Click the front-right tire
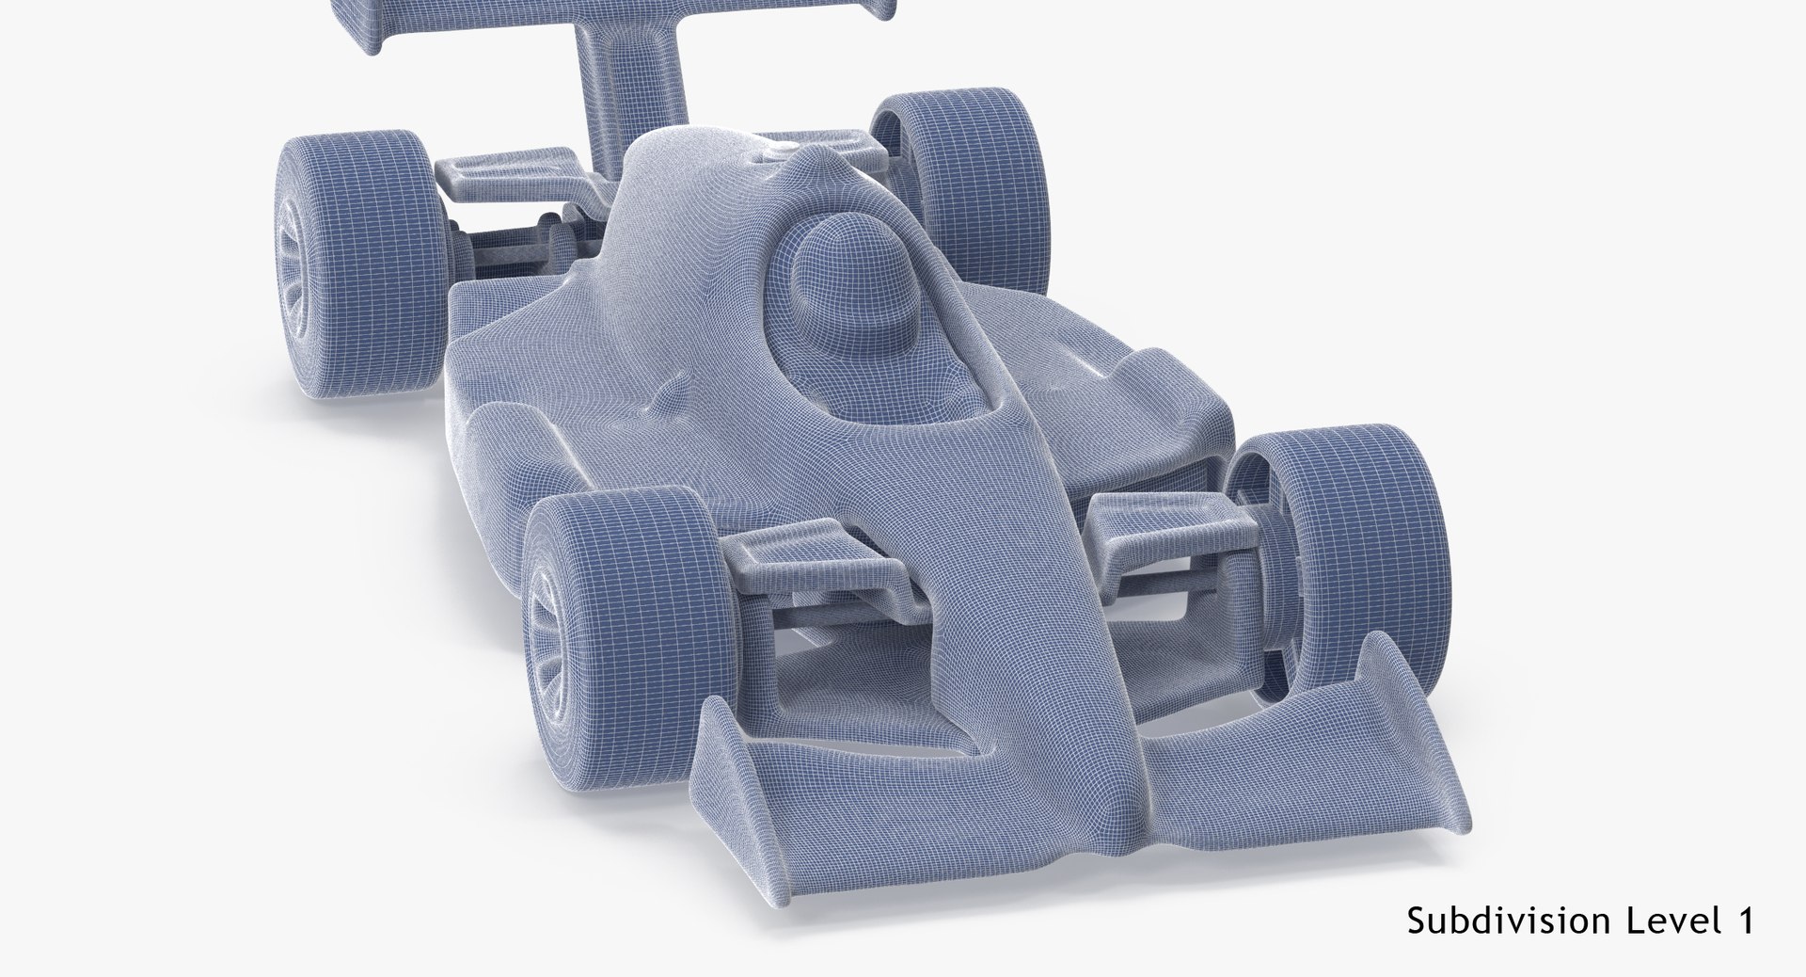point(1326,555)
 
